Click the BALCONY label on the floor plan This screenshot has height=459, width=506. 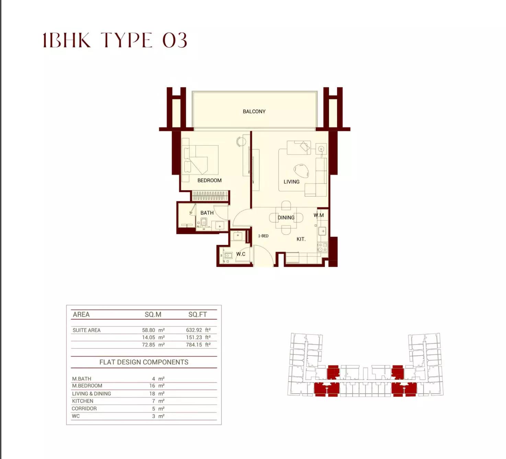pyautogui.click(x=254, y=112)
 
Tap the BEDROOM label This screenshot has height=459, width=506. pyautogui.click(x=209, y=180)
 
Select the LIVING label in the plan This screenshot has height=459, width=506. pyautogui.click(x=291, y=182)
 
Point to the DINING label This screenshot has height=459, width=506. pyautogui.click(x=286, y=217)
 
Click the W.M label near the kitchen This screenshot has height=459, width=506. pyautogui.click(x=319, y=215)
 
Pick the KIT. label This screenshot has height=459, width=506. pyautogui.click(x=301, y=239)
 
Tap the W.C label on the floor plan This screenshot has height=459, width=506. pyautogui.click(x=241, y=254)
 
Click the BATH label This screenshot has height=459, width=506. pyautogui.click(x=207, y=213)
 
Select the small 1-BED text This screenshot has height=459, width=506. pyautogui.click(x=263, y=236)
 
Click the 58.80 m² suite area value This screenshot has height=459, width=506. pyautogui.click(x=153, y=330)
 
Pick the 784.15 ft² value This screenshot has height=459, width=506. pyautogui.click(x=198, y=345)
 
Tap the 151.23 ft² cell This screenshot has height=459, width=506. pyautogui.click(x=198, y=337)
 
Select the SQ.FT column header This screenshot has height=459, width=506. pyautogui.click(x=197, y=315)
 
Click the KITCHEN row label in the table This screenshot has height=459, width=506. pyautogui.click(x=82, y=401)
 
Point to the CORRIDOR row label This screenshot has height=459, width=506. pyautogui.click(x=84, y=408)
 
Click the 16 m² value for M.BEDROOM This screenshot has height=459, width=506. pyautogui.click(x=157, y=386)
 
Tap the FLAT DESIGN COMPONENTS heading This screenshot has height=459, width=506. pyautogui.click(x=144, y=362)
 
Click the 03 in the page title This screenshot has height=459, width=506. pyautogui.click(x=174, y=40)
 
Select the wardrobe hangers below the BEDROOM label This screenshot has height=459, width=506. pyautogui.click(x=210, y=196)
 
